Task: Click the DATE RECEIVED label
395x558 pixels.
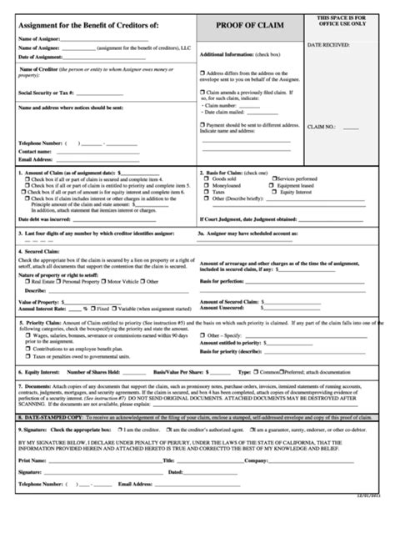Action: [x=327, y=43]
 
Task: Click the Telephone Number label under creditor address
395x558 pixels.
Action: [x=42, y=143]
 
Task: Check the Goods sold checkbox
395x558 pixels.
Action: [x=206, y=178]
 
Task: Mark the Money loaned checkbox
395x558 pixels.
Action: [x=206, y=185]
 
